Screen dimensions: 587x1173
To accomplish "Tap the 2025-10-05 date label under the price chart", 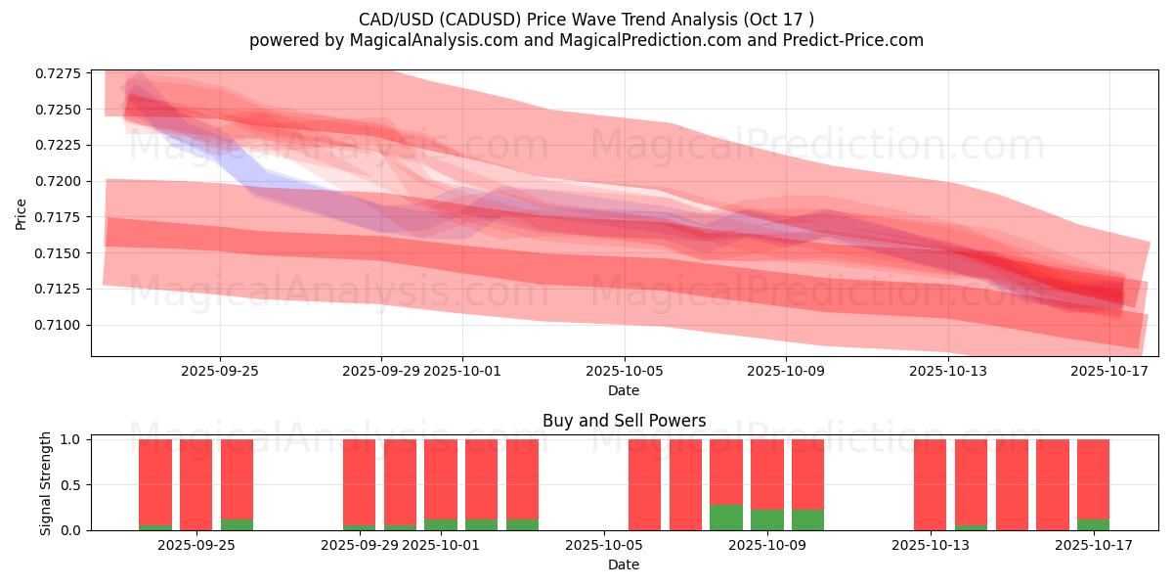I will tap(624, 371).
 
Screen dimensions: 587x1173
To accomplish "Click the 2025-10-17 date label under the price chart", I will tap(1109, 371).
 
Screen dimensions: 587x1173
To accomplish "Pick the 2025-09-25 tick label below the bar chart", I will tap(196, 545).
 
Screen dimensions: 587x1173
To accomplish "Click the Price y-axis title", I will tap(22, 212).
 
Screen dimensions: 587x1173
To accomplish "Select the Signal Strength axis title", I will tap(46, 484).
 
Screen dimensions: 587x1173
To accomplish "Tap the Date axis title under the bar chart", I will tap(624, 564).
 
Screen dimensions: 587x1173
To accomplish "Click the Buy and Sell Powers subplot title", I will tap(624, 422).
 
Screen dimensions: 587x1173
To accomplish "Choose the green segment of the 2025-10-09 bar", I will tap(767, 519).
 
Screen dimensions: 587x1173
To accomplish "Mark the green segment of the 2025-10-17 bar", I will tap(1093, 524).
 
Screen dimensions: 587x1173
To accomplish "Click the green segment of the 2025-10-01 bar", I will tap(441, 524).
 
